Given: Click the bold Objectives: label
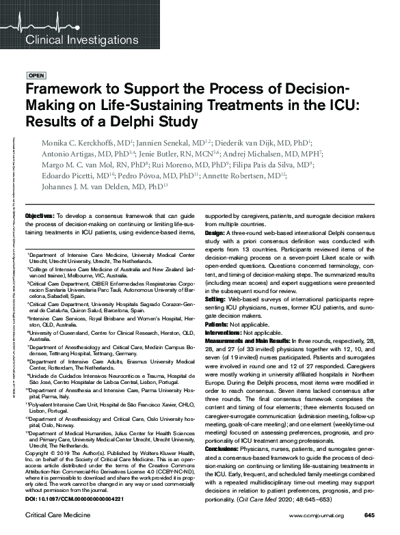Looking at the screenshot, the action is [40, 216].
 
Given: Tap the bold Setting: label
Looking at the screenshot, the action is [216, 299].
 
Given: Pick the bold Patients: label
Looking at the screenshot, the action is [217, 323].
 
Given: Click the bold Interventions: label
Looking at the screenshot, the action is [223, 331].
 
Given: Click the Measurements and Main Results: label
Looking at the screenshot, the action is [248, 340].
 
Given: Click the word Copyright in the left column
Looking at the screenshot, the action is [38, 452].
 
